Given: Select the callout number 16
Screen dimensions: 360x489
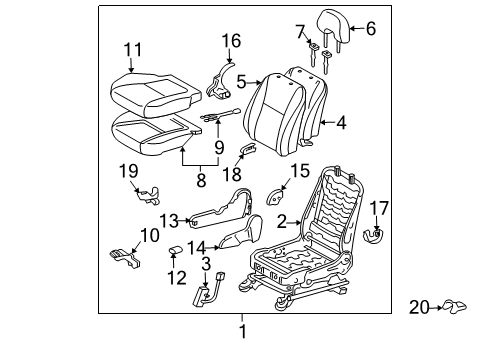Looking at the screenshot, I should (231, 41).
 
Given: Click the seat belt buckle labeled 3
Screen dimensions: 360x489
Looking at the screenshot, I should (210, 293).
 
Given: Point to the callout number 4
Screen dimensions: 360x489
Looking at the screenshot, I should (342, 125).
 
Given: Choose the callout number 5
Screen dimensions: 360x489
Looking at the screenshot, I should (241, 83).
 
